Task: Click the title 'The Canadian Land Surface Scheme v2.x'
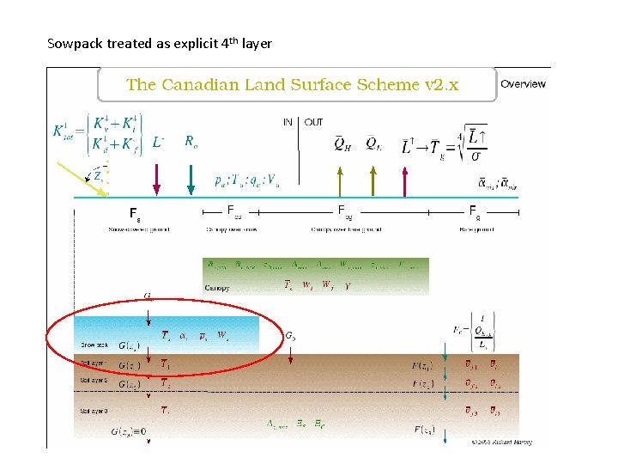point(292,84)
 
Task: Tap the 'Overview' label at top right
point(523,83)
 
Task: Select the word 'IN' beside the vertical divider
point(288,122)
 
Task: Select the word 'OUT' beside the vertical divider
point(314,122)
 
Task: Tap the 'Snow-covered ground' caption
point(138,229)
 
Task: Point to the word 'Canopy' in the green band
point(216,288)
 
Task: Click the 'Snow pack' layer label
point(94,345)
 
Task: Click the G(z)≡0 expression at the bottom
point(129,432)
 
